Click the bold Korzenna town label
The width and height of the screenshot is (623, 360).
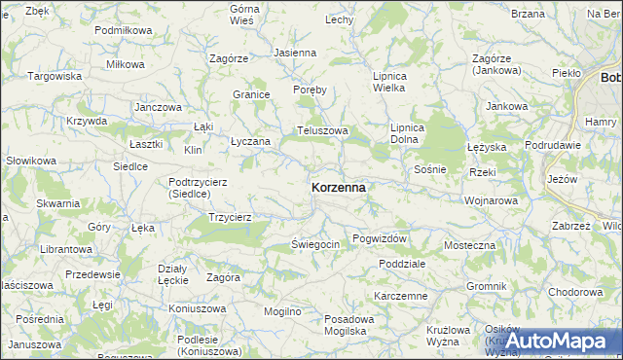(339, 187)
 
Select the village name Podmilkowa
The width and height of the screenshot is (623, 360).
(124, 30)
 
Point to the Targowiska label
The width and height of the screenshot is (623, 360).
(54, 76)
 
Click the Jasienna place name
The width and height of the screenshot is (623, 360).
(295, 53)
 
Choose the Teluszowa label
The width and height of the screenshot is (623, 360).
(322, 130)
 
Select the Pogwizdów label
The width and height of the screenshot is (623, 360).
(380, 238)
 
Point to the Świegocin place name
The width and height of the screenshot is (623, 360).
(314, 244)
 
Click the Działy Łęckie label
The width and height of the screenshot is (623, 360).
(172, 274)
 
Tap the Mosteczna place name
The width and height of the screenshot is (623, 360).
(469, 245)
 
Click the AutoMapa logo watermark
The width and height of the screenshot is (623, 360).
(558, 342)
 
